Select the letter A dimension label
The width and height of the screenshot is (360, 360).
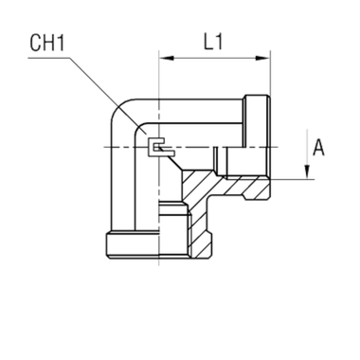tap(319, 147)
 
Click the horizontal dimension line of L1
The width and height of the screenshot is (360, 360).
tap(213, 59)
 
